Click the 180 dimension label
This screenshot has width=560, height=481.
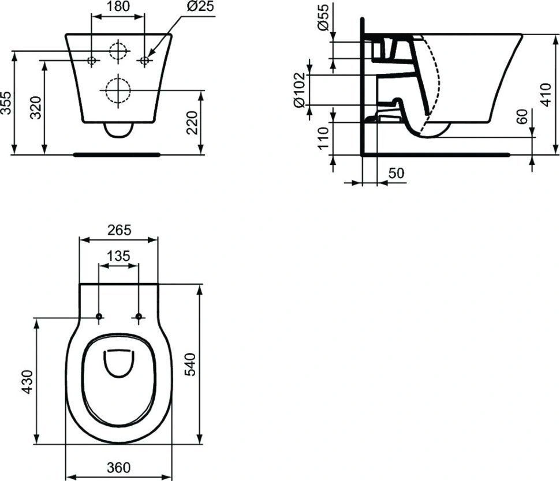[x=118, y=6]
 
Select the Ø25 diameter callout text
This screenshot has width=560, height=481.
[x=200, y=6]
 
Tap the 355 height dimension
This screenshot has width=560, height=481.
[x=6, y=103]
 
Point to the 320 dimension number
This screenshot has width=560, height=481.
[x=36, y=107]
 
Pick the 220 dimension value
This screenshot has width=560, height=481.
[x=192, y=122]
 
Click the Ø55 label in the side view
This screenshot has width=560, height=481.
[x=323, y=17]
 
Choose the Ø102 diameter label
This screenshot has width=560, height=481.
[x=299, y=90]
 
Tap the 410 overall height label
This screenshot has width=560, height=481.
[x=546, y=95]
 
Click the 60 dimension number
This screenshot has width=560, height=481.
[x=522, y=117]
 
